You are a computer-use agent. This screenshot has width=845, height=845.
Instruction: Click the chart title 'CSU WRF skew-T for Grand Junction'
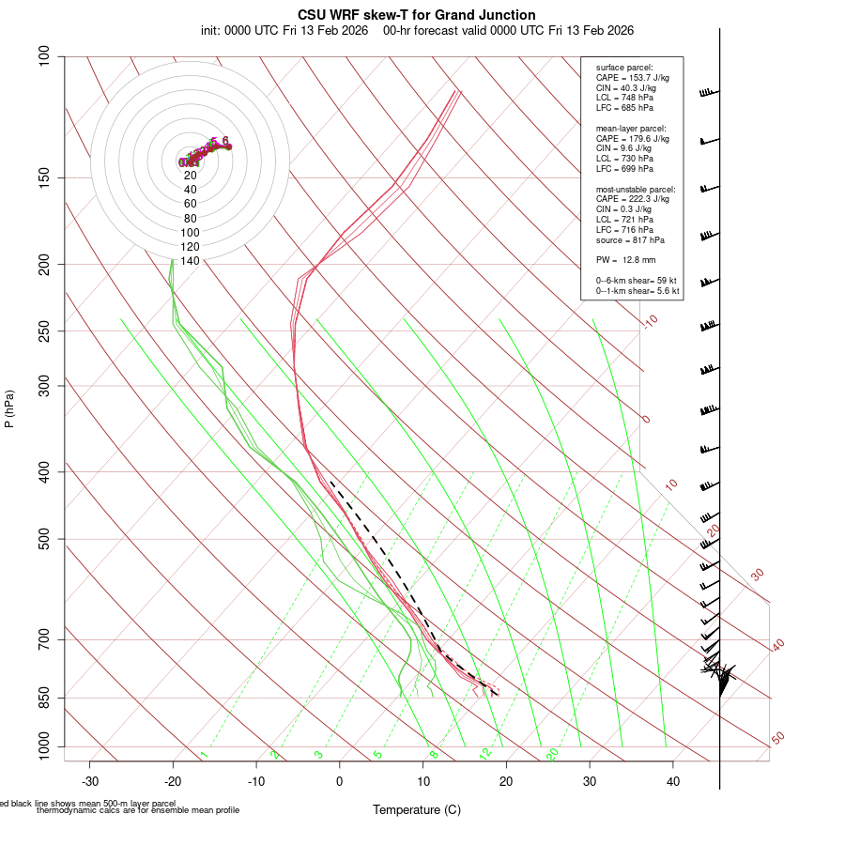[x=417, y=15]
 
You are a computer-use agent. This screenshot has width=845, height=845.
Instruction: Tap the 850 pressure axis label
[x=44, y=698]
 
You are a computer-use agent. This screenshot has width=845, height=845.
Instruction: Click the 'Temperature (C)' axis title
[x=416, y=809]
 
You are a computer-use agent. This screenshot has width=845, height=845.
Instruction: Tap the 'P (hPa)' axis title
[x=9, y=409]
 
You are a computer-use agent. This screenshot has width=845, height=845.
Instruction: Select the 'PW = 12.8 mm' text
[x=625, y=259]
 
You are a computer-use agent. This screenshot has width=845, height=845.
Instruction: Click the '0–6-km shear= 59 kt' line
[x=637, y=281]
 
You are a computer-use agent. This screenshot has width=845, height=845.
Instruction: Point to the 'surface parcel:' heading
[x=624, y=68]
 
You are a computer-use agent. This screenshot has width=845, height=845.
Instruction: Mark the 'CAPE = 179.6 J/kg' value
[x=633, y=138]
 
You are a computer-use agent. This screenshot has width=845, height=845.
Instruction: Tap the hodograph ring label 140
[x=190, y=261]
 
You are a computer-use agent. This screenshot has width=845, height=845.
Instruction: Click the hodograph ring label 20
[x=190, y=175]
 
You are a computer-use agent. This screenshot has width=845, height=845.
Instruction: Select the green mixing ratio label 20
[x=552, y=754]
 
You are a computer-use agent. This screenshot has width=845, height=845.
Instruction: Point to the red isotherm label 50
[x=777, y=739]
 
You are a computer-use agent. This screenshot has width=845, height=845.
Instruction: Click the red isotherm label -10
[x=649, y=322]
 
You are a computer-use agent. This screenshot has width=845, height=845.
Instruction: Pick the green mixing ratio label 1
[x=204, y=754]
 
